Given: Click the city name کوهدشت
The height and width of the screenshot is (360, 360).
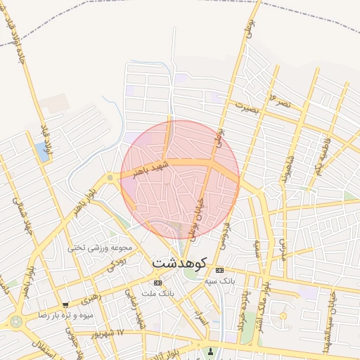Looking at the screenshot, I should tap(179, 262).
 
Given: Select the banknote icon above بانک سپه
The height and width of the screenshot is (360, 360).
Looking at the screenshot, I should tap(220, 270).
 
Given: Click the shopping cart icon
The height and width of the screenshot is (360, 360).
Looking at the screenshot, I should tap(65, 305).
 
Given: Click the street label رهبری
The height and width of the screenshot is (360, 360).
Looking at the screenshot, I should tap(91, 298).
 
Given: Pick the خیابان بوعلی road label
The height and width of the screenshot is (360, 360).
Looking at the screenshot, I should tap(198, 214).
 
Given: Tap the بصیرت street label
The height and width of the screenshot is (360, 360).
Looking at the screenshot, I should tap(247, 108).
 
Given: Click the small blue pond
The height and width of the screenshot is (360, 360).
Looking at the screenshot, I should tap(42, 153).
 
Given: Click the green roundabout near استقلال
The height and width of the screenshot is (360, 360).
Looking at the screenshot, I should tap(15, 321).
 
